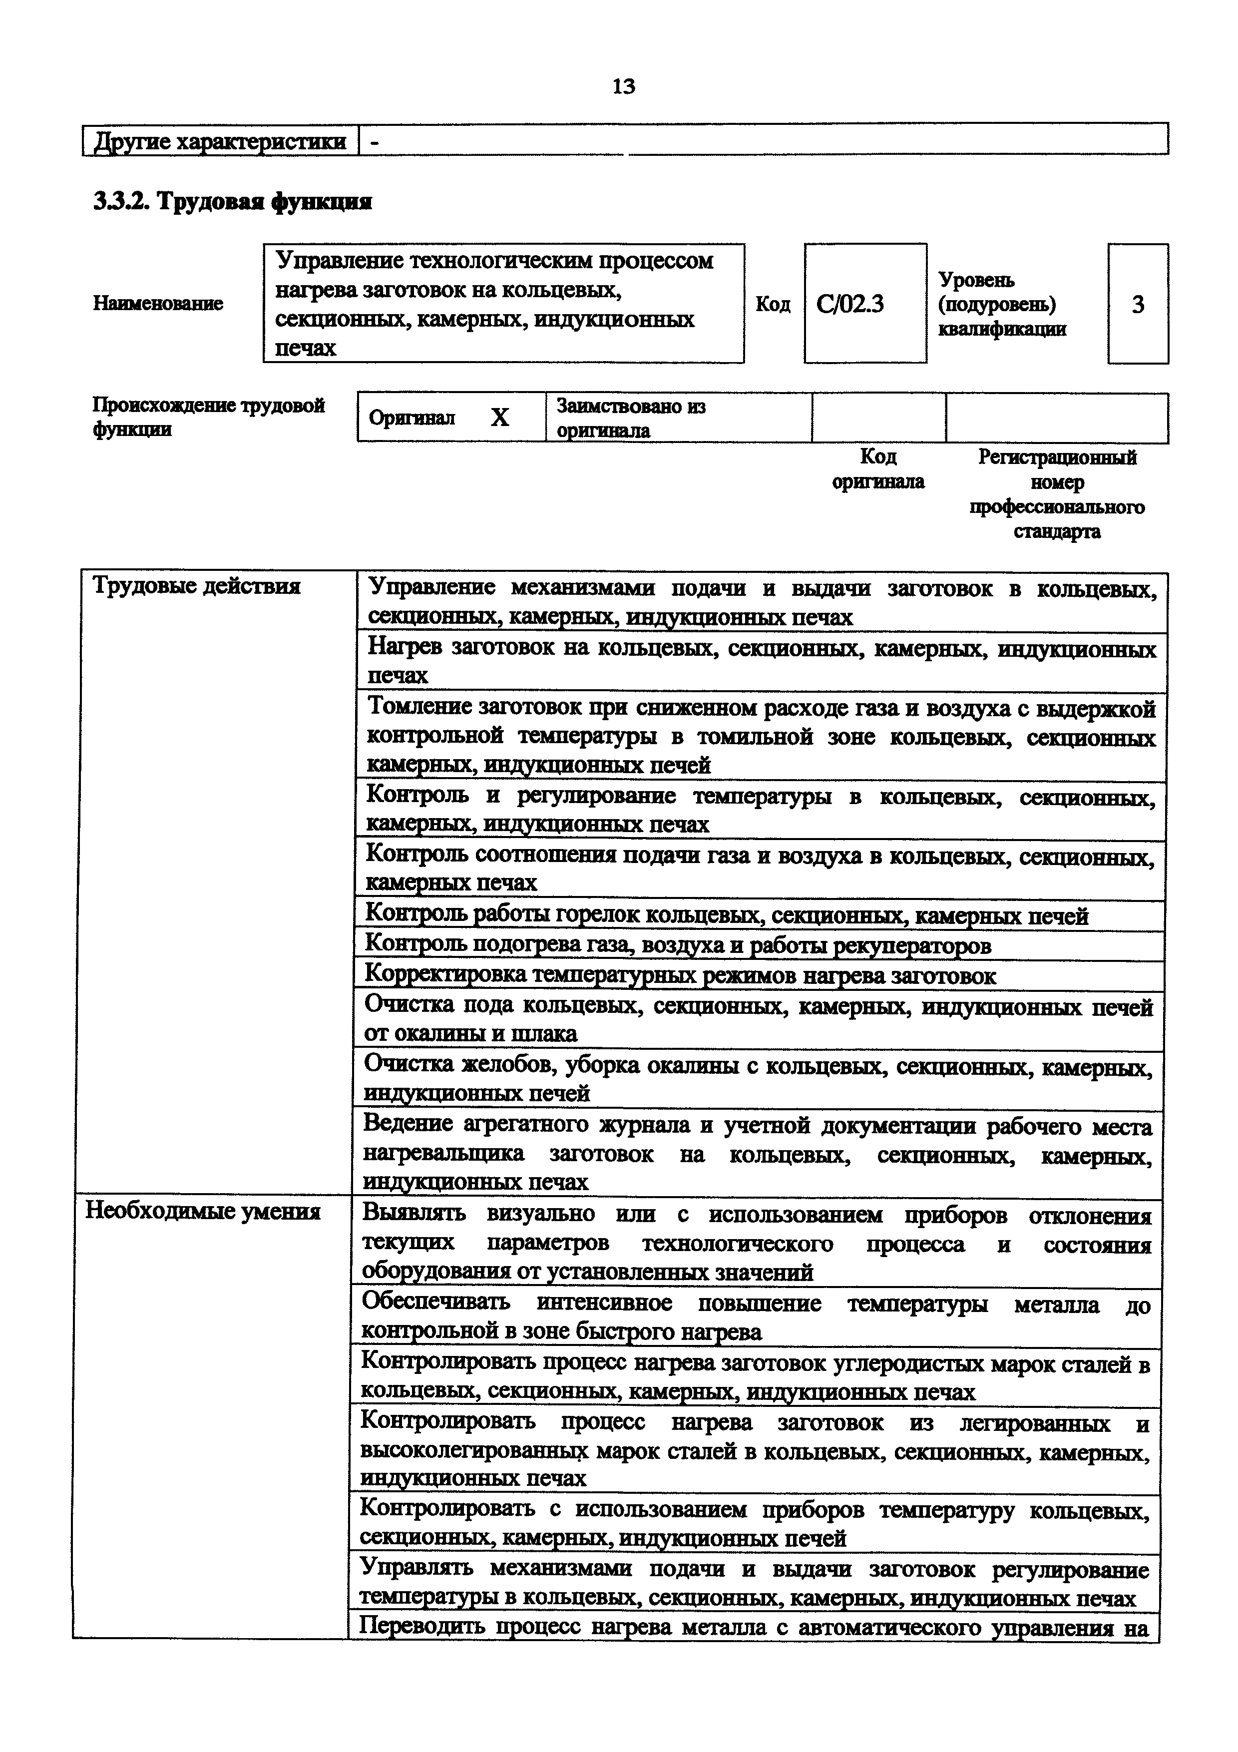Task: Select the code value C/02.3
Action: (x=850, y=305)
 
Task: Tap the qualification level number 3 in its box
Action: (x=1137, y=305)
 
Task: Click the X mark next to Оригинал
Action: (x=499, y=418)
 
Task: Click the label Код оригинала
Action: (x=878, y=468)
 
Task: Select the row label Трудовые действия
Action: (x=196, y=586)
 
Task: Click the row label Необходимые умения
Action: (x=202, y=1212)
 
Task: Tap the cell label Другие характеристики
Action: (x=220, y=142)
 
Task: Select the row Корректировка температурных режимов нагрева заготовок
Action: (x=680, y=975)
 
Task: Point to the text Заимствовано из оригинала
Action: (x=631, y=418)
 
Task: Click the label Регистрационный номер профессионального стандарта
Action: (x=1056, y=494)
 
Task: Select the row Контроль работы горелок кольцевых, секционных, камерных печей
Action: (x=726, y=915)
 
